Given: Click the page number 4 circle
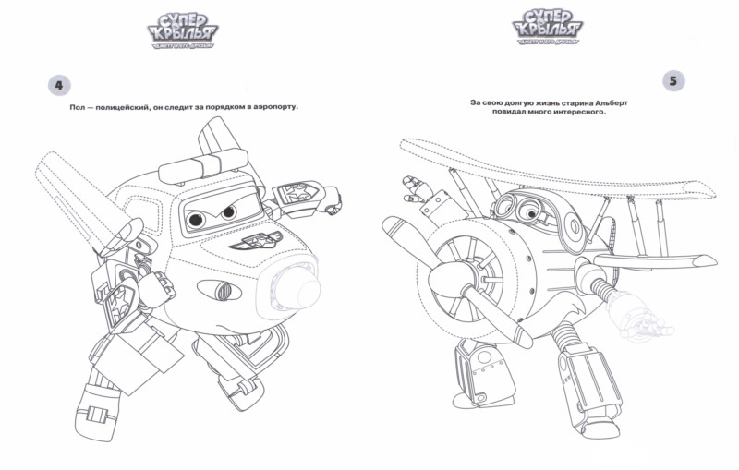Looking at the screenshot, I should click(58, 86).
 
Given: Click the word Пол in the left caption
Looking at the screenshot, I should click(78, 108).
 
